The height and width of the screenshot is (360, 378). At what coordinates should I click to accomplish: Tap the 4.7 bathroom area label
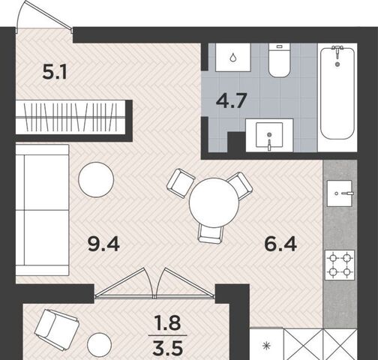(232, 100)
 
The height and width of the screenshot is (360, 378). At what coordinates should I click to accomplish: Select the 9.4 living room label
(103, 244)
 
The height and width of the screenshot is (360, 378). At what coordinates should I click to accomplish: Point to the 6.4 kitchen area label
(280, 244)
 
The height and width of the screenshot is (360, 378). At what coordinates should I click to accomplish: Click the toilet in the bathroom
(279, 60)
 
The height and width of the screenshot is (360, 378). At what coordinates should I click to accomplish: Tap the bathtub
(337, 92)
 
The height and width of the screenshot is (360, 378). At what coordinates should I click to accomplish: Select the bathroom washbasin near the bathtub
(269, 135)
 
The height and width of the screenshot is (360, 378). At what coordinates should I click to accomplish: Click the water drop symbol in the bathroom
(232, 58)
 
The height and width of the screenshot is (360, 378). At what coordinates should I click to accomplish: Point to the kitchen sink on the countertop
(340, 193)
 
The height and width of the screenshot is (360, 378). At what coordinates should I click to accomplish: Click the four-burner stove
(340, 265)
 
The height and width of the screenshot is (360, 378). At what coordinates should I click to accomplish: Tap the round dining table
(214, 202)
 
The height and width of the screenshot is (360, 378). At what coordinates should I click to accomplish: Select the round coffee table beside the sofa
(96, 180)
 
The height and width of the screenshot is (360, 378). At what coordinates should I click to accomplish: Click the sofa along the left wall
(42, 210)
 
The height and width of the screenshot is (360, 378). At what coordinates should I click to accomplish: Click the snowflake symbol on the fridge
(265, 346)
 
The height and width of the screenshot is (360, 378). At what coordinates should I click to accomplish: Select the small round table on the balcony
(99, 345)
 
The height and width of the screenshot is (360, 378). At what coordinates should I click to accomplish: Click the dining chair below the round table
(211, 233)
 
